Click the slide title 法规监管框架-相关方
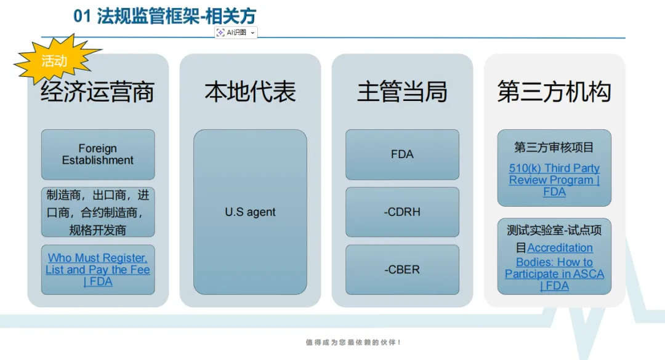pyautogui.click(x=176, y=17)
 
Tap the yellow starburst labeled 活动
pyautogui.click(x=55, y=61)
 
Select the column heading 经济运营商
pyautogui.click(x=97, y=92)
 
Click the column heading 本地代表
pyautogui.click(x=250, y=92)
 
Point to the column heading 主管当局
pyautogui.click(x=402, y=92)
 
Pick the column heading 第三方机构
pyautogui.click(x=554, y=92)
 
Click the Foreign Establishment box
pyautogui.click(x=97, y=154)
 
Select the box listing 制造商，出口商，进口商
pyautogui.click(x=97, y=212)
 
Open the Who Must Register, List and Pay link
pyautogui.click(x=97, y=270)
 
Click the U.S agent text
pyautogui.click(x=250, y=212)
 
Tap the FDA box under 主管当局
pyautogui.click(x=402, y=154)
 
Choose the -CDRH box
pyautogui.click(x=402, y=212)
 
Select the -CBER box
pyautogui.click(x=402, y=270)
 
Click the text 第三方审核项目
pyautogui.click(x=554, y=147)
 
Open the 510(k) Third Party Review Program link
pyautogui.click(x=554, y=180)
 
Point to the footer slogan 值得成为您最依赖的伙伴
pyautogui.click(x=353, y=342)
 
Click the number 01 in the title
pyautogui.click(x=83, y=17)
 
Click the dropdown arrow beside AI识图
pyautogui.click(x=252, y=33)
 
